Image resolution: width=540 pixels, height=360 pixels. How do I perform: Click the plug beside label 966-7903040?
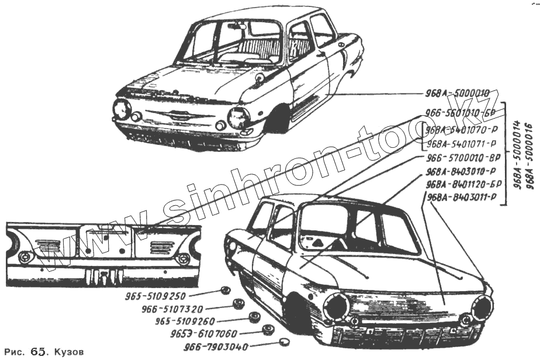tap(283, 342)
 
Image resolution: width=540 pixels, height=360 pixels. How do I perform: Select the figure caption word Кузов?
tap(69, 352)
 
